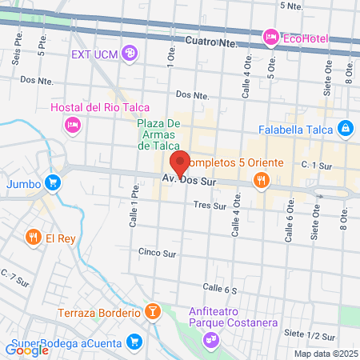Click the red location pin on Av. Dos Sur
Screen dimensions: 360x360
point(180,163)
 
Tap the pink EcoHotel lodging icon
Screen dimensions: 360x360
point(270,36)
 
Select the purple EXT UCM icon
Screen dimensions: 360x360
point(130,54)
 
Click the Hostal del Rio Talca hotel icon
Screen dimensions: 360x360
point(72,124)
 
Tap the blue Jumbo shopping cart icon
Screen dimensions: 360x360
point(53,182)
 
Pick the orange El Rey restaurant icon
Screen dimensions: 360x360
point(33,237)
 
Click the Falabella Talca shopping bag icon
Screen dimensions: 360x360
point(345,127)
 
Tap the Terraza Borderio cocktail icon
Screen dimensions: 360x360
point(153,310)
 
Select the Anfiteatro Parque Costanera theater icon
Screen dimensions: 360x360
point(210,340)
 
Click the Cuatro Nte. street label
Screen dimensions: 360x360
point(210,40)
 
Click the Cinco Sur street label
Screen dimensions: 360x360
point(156,252)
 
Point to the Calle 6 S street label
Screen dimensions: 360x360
point(220,288)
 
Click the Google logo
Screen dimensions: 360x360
point(26,350)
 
